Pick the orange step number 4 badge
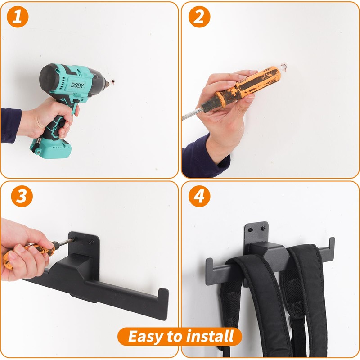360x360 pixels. [199, 196]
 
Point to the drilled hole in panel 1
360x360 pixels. [113, 83]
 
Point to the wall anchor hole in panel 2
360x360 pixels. [283, 67]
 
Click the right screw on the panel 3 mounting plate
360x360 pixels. [91, 242]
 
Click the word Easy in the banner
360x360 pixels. [145, 336]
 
